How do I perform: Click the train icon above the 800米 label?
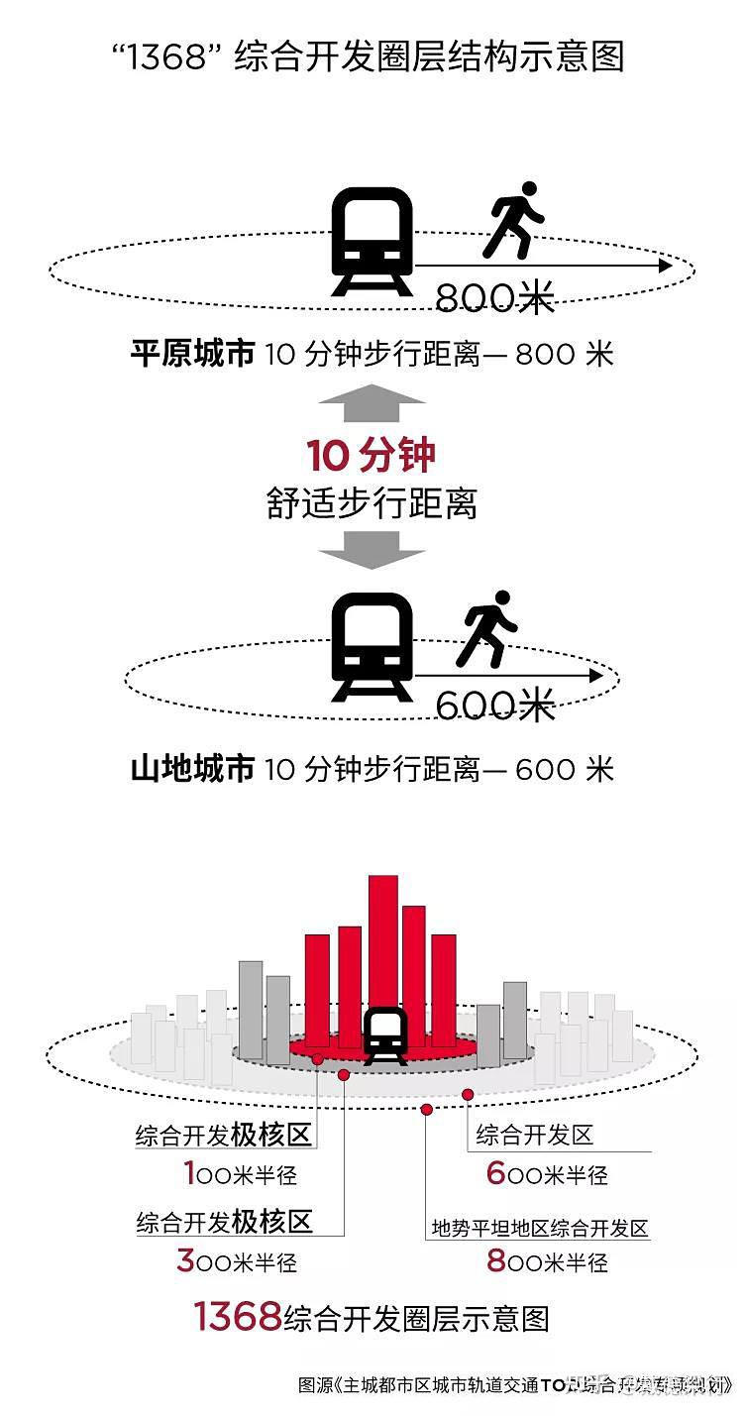(372, 241)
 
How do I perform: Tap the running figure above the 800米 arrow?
(512, 220)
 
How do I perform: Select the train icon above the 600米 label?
(372, 647)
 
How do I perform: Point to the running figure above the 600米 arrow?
(486, 628)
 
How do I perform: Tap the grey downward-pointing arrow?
(372, 549)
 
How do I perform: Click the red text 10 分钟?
(372, 457)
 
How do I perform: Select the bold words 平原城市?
(192, 354)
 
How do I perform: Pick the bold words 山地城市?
(192, 768)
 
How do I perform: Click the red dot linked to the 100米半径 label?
(317, 1059)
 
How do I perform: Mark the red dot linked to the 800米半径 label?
(427, 1109)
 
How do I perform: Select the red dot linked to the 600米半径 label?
(468, 1094)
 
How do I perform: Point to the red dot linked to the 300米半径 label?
(344, 1075)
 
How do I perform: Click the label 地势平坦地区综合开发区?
(539, 1229)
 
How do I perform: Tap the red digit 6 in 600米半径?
(496, 1173)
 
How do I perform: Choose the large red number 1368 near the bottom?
(238, 1317)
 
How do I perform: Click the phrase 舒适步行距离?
(372, 503)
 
